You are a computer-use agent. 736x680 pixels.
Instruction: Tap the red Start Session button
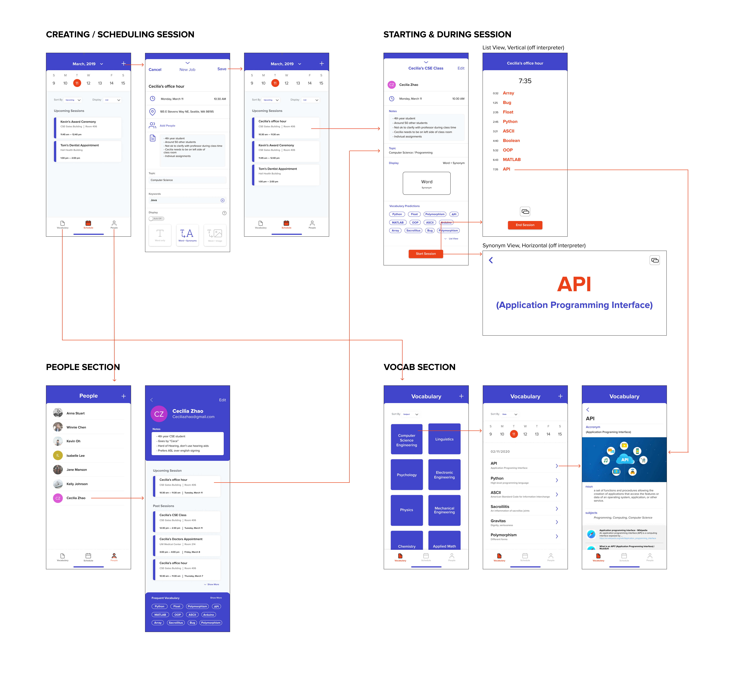pyautogui.click(x=425, y=254)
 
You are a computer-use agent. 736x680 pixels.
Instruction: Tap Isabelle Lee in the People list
pyautogui.click(x=75, y=456)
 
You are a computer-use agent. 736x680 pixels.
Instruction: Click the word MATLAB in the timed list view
pyautogui.click(x=512, y=160)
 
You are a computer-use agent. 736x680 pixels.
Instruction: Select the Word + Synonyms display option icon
pyautogui.click(x=187, y=235)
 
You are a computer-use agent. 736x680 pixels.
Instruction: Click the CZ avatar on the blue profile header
pyautogui.click(x=159, y=414)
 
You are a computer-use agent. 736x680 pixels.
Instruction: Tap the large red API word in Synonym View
pyautogui.click(x=574, y=284)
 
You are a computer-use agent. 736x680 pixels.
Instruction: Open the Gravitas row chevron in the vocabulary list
pyautogui.click(x=557, y=522)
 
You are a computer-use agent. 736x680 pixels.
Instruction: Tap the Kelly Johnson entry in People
pyautogui.click(x=77, y=484)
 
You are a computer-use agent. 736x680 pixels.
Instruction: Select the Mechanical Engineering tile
pyautogui.click(x=444, y=510)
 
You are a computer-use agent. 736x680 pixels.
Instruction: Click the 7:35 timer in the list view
pyautogui.click(x=525, y=81)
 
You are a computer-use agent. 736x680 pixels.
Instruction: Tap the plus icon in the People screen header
pyautogui.click(x=123, y=396)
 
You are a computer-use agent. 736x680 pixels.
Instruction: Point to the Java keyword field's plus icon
pyautogui.click(x=222, y=201)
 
